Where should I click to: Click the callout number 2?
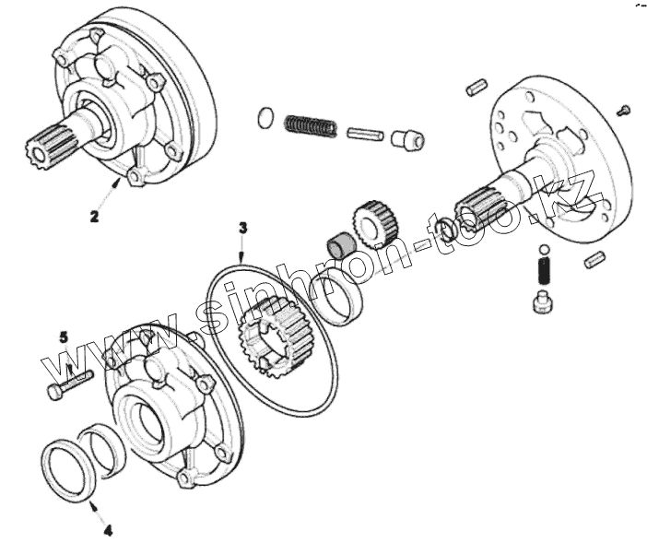94,218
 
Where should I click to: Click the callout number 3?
242,226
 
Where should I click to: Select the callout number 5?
64,337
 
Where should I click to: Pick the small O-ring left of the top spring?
265,117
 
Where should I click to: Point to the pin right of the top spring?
364,133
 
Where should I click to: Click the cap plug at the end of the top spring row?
406,140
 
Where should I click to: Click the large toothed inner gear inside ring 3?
274,337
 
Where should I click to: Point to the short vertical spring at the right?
543,273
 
